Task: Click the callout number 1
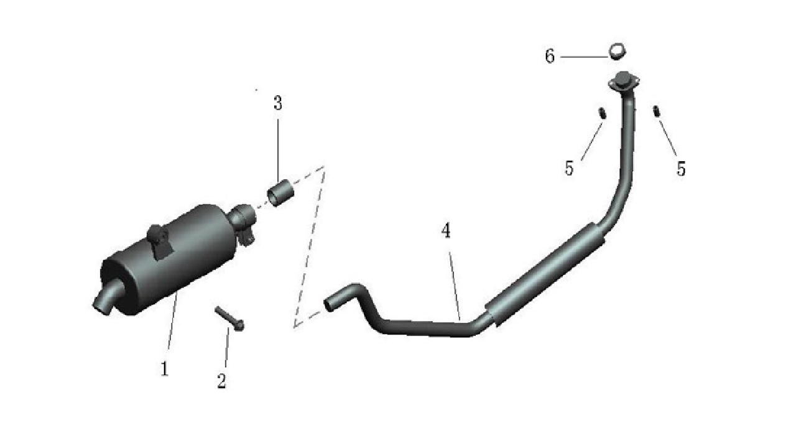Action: (x=164, y=369)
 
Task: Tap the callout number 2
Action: (x=221, y=381)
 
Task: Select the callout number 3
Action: (x=278, y=103)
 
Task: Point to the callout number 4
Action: (x=446, y=230)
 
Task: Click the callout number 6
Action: (x=550, y=56)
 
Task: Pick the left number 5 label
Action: (x=569, y=168)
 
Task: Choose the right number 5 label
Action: (x=680, y=169)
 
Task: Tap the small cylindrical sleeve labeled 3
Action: (x=280, y=194)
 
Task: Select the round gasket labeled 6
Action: (x=618, y=52)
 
